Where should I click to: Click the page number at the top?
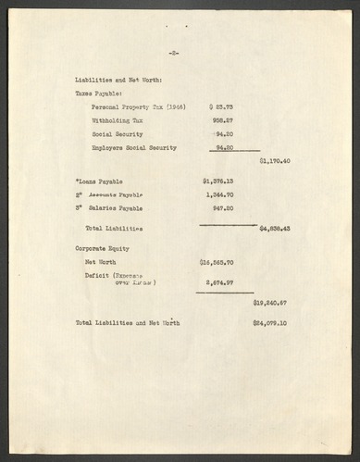click(174, 54)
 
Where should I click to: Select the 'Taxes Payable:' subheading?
click(99, 94)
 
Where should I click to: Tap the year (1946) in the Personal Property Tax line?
click(174, 107)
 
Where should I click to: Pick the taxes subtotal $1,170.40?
click(274, 161)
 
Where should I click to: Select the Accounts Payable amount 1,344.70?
click(219, 194)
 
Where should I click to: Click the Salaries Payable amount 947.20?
click(221, 208)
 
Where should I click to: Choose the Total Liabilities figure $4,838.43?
click(275, 228)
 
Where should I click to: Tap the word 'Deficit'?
click(97, 276)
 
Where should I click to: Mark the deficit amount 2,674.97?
click(219, 281)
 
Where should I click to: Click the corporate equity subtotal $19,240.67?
click(271, 303)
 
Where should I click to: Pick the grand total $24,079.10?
click(271, 323)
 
